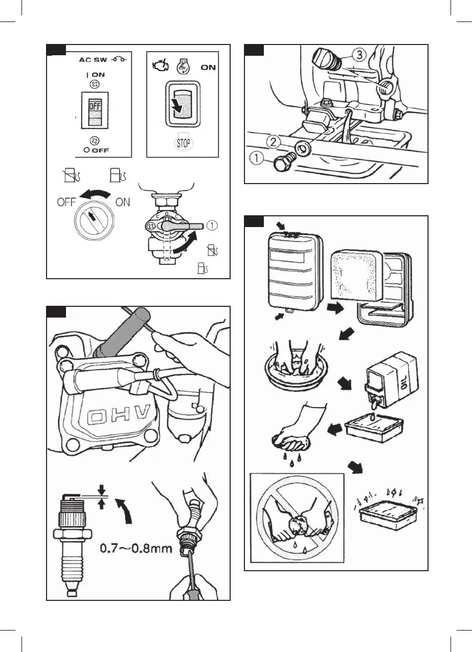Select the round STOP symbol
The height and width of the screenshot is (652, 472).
(183, 142)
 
